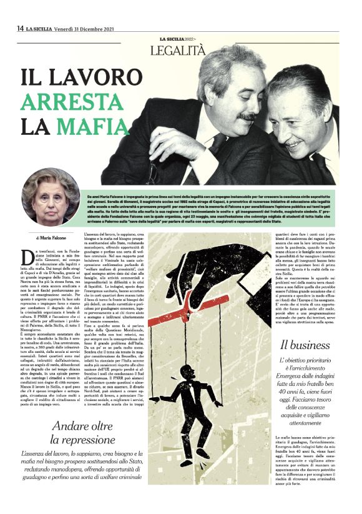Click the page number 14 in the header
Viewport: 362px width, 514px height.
click(x=20, y=28)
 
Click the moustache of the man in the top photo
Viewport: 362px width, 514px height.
click(x=248, y=117)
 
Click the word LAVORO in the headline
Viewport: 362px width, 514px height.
click(x=92, y=77)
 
